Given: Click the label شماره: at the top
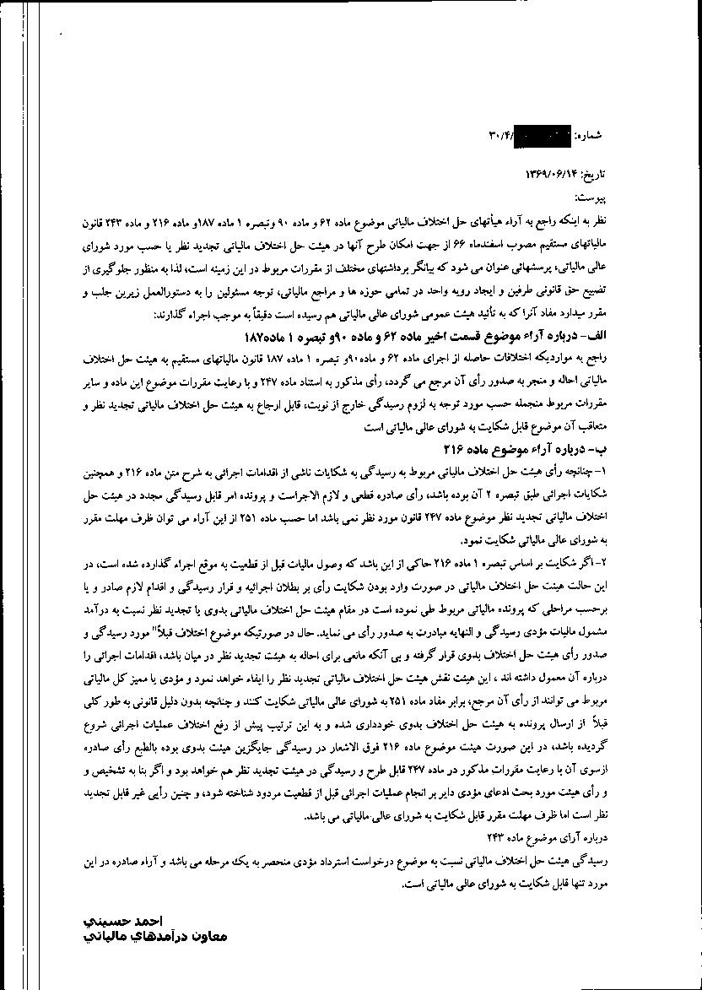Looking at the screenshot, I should [x=589, y=135].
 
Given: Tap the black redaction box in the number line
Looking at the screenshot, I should [x=542, y=134].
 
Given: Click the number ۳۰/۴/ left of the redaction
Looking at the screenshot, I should [x=500, y=135].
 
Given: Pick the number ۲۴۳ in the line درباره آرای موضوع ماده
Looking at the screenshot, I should [x=489, y=839].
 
